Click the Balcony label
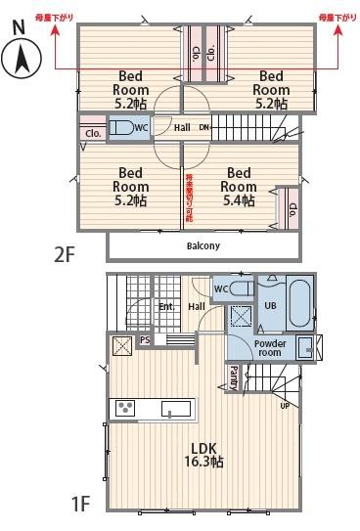pyautogui.click(x=202, y=246)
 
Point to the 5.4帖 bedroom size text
pyautogui.click(x=238, y=200)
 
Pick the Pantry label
pyautogui.click(x=234, y=376)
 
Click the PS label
pyautogui.click(x=145, y=340)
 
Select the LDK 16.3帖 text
pyautogui.click(x=206, y=455)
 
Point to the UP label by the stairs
pyautogui.click(x=285, y=405)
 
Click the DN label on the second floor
pyautogui.click(x=204, y=127)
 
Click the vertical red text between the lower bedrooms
pyautogui.click(x=189, y=195)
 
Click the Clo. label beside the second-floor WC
pyautogui.click(x=94, y=133)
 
